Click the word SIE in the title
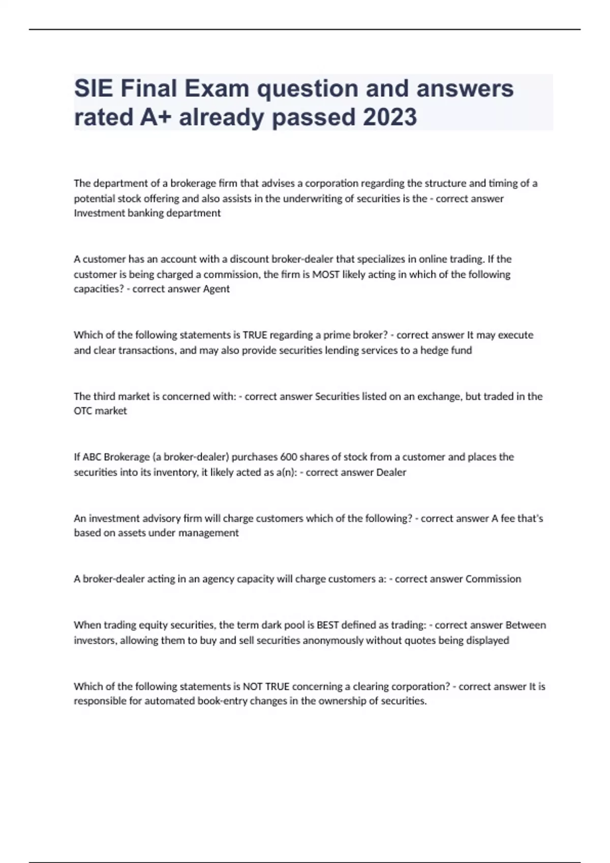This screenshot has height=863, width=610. [x=93, y=89]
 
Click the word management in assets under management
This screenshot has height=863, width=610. [x=210, y=533]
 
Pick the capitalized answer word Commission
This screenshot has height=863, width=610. [x=493, y=579]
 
